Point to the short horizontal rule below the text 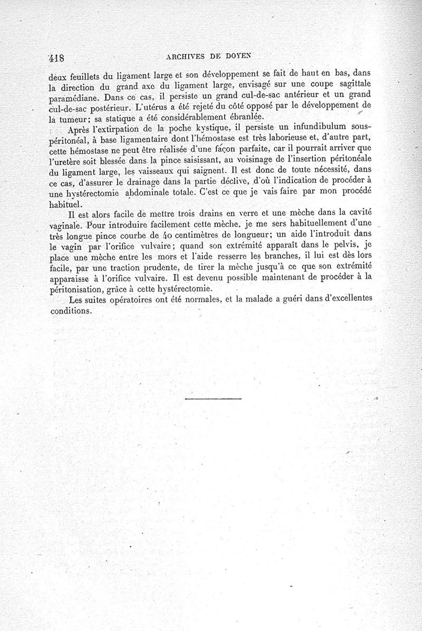click(213, 398)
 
